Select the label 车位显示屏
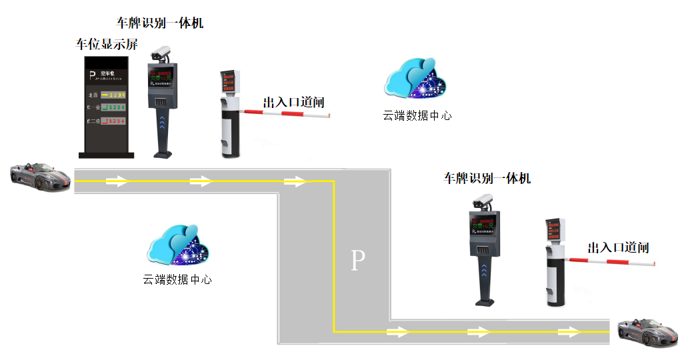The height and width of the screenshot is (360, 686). [x=107, y=45]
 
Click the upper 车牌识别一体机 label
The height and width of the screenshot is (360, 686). [x=160, y=23]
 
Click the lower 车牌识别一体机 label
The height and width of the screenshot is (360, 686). [x=487, y=179]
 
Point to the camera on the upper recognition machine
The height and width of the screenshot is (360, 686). [x=161, y=53]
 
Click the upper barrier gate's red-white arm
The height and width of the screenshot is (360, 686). [x=287, y=114]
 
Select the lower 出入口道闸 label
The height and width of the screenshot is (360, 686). [x=618, y=248]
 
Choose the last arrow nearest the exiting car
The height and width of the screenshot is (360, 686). [x=569, y=331]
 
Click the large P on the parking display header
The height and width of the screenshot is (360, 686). [x=92, y=75]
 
